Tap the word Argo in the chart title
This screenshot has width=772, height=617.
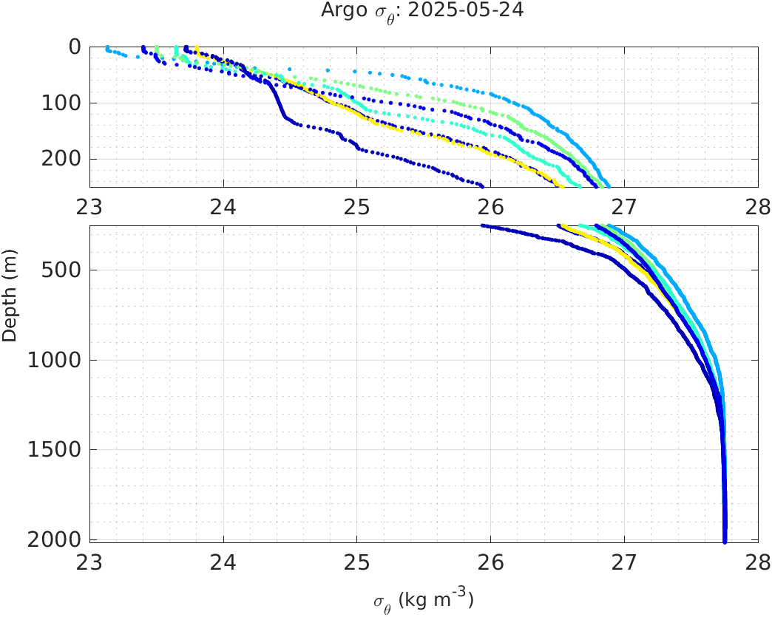click(x=339, y=11)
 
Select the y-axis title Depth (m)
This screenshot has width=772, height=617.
click(x=10, y=304)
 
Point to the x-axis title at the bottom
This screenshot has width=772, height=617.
click(x=423, y=600)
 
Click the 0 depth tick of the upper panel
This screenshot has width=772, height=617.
click(x=75, y=47)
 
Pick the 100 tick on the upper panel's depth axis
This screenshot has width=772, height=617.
click(x=61, y=103)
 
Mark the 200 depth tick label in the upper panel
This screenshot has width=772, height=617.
click(x=61, y=159)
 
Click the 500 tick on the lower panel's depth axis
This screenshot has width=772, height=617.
click(x=61, y=270)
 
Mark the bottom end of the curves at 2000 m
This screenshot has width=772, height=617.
click(x=725, y=541)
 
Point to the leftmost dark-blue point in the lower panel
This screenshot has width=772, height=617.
click(x=483, y=225)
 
